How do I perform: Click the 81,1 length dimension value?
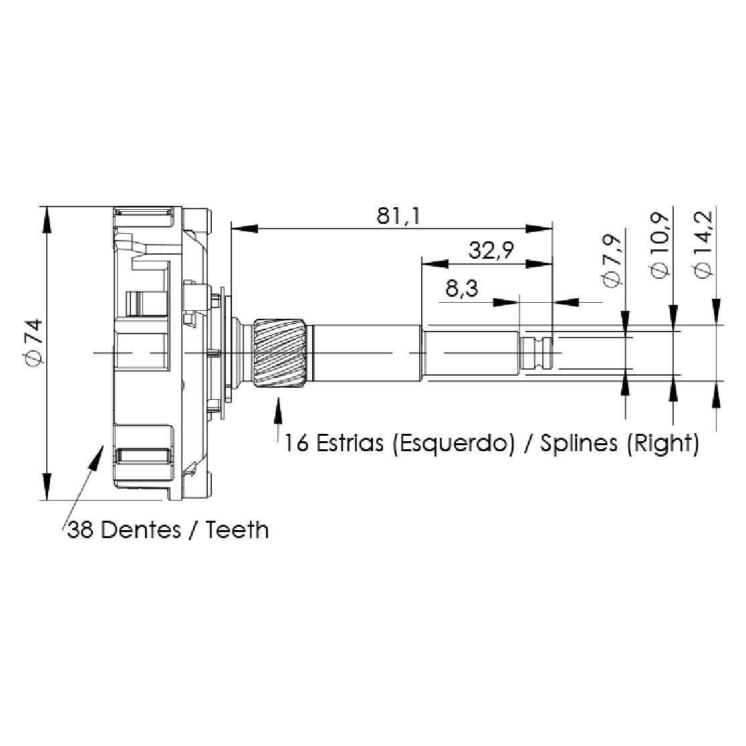[x=398, y=216]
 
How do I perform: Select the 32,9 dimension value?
[x=491, y=250]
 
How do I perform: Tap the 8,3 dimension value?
[x=461, y=288]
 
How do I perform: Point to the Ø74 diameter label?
[x=35, y=343]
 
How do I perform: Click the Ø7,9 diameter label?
[x=612, y=261]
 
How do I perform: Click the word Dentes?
[x=141, y=529]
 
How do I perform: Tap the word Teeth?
[x=237, y=529]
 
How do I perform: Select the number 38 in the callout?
[x=80, y=529]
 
